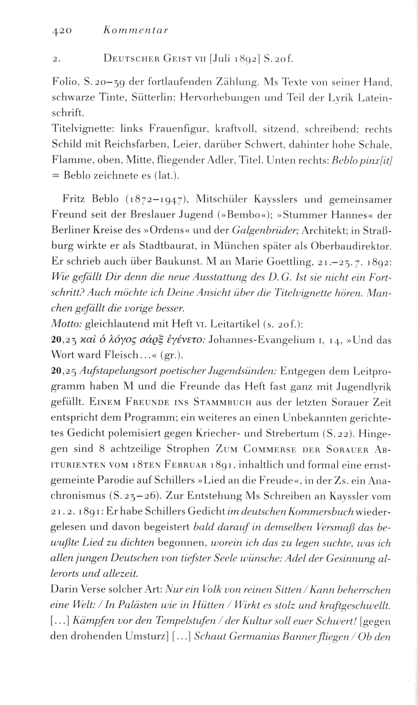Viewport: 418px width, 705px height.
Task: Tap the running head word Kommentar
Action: coord(134,31)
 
